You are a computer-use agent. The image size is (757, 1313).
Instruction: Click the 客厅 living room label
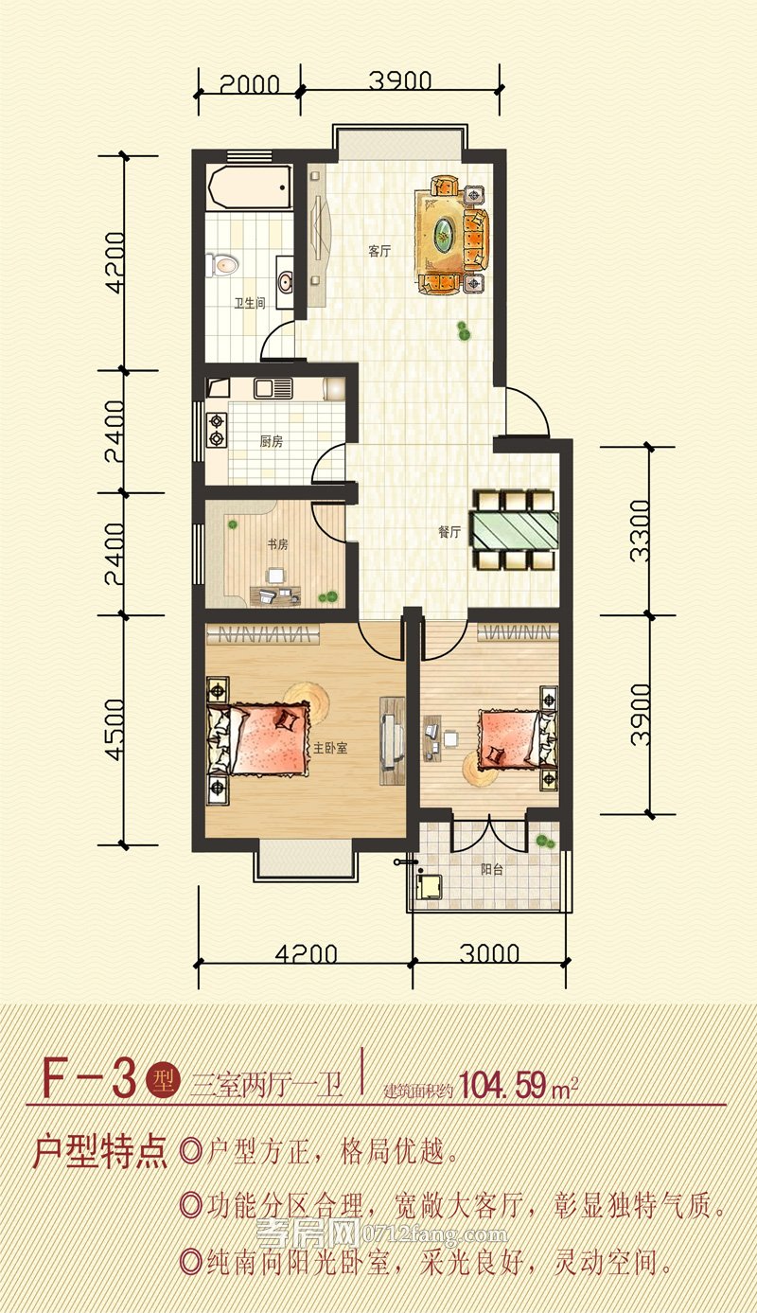point(379,252)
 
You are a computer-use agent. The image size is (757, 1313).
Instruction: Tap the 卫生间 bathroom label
point(250,303)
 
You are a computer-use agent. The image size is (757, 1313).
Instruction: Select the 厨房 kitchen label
point(272,441)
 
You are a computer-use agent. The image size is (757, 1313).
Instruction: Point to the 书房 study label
point(277,544)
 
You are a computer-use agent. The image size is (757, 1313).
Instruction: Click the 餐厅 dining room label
point(449,532)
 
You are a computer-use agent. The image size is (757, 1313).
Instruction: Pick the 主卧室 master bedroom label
point(330,748)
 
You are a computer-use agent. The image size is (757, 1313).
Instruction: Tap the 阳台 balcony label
point(492,869)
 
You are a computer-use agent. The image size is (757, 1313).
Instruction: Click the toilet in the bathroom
point(222,265)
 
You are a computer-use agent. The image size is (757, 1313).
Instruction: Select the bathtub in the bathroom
point(250,187)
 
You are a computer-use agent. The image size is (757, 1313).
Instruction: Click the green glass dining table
point(516,530)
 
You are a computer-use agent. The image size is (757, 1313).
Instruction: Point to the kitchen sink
point(273,389)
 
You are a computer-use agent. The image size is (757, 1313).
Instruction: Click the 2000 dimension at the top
point(250,84)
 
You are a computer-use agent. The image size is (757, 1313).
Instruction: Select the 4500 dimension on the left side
point(115,730)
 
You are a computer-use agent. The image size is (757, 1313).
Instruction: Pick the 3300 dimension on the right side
point(640,530)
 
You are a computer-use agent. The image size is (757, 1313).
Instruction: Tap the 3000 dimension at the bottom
point(489,954)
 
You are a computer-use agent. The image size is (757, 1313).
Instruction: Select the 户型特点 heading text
point(100,1152)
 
